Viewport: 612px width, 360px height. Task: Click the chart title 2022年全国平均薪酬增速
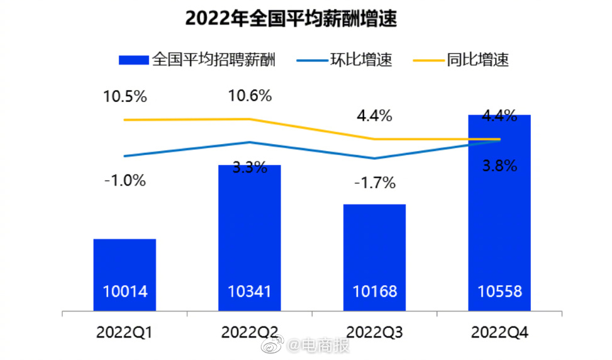(x=291, y=19)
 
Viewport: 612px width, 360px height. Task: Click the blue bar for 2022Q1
(x=125, y=264)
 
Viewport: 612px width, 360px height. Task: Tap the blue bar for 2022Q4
(x=499, y=214)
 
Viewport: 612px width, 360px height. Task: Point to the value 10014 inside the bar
(x=125, y=292)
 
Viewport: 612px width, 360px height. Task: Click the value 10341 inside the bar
(x=249, y=292)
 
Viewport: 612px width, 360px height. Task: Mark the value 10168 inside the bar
(x=374, y=292)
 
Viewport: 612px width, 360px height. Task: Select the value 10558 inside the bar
(x=499, y=292)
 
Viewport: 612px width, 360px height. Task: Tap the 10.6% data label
(x=250, y=96)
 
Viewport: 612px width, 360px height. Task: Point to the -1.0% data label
(x=125, y=181)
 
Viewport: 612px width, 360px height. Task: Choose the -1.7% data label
(x=374, y=183)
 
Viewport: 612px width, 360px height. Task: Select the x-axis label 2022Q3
(x=374, y=332)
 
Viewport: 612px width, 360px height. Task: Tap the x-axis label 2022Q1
(x=125, y=332)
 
